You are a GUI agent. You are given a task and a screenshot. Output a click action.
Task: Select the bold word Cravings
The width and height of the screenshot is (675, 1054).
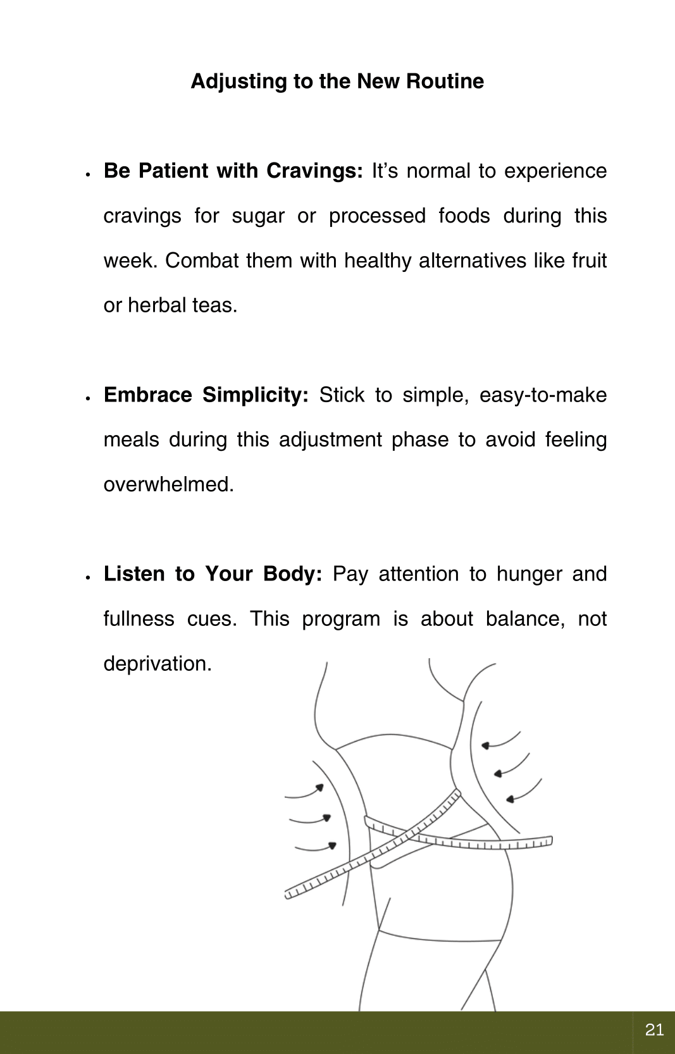pos(314,171)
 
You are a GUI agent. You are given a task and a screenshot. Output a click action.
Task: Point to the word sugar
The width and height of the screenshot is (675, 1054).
pos(258,216)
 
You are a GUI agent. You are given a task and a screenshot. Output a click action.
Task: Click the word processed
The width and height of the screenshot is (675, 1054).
pos(377,216)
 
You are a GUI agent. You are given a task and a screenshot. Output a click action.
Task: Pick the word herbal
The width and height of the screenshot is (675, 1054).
pos(156,305)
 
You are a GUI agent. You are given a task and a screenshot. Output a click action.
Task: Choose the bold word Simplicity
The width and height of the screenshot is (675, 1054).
pos(255,395)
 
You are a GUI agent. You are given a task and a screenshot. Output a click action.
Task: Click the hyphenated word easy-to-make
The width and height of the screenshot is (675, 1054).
pos(543,395)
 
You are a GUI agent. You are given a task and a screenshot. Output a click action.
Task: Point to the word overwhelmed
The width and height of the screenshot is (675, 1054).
pos(168,484)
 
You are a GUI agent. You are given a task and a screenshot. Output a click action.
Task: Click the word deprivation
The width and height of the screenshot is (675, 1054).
pos(158,664)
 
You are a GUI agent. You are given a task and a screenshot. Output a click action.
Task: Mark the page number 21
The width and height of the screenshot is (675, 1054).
pos(654,1030)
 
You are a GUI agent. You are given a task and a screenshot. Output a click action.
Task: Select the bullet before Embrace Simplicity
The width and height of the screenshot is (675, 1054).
pos(89,398)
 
